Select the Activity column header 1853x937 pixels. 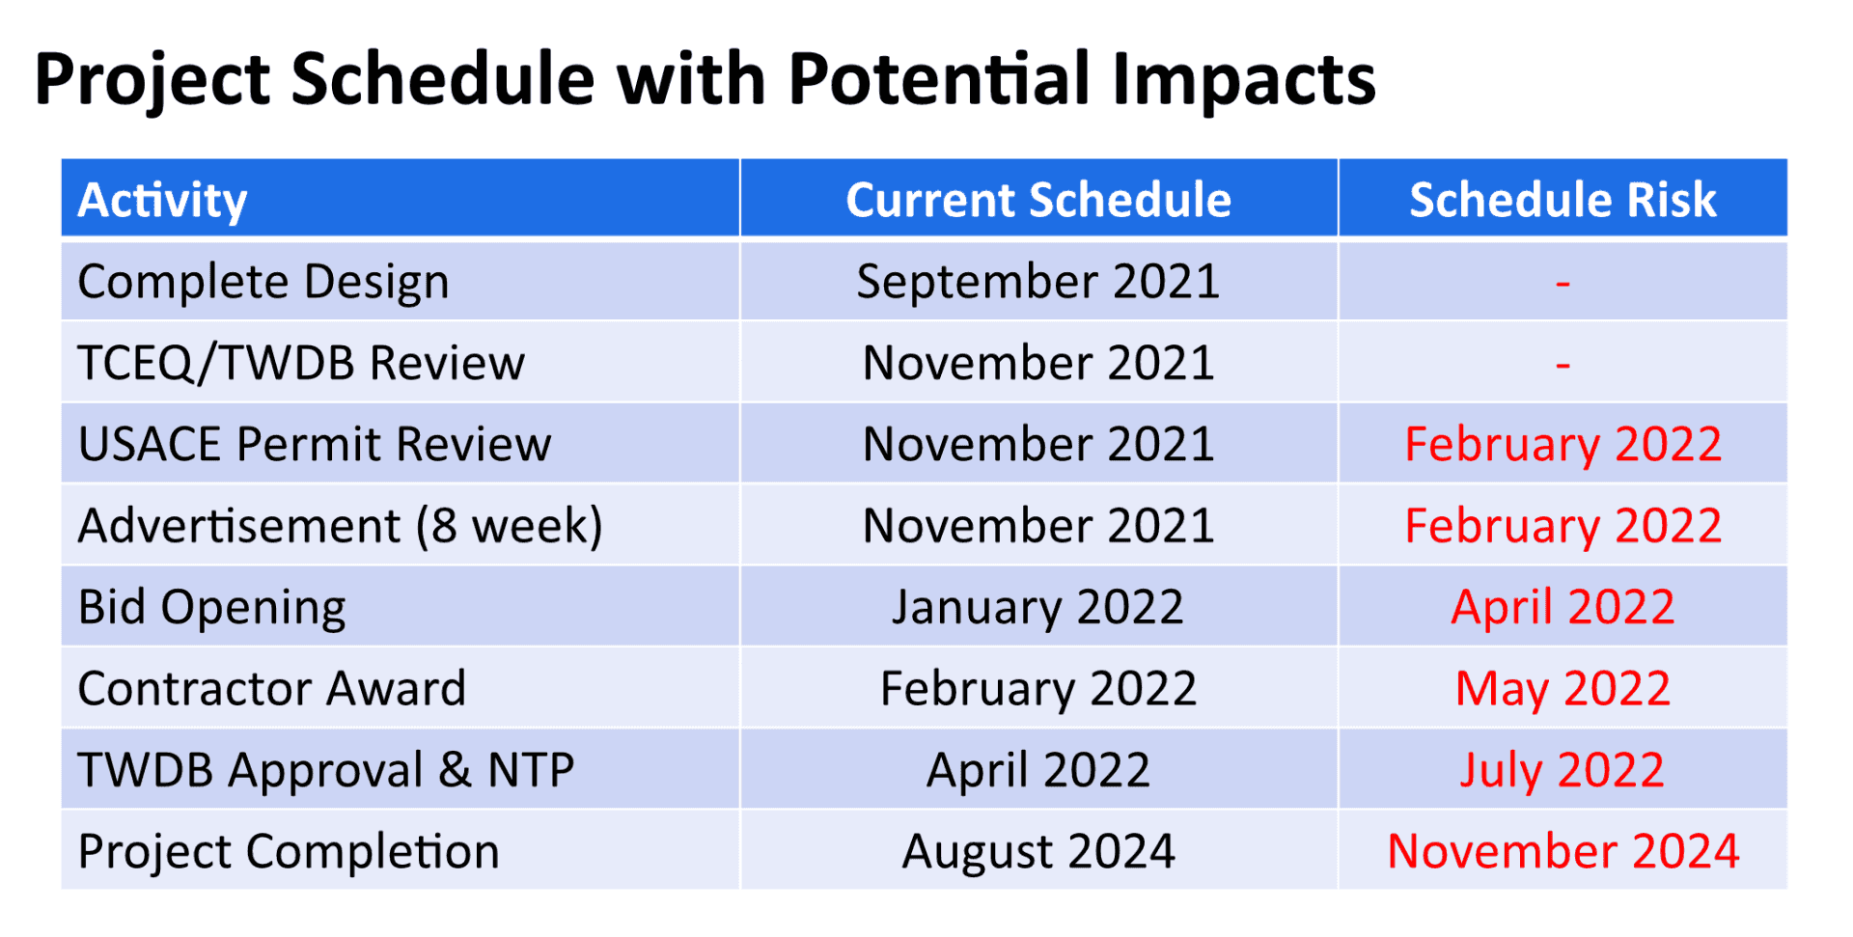162,201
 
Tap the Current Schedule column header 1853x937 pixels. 1038,201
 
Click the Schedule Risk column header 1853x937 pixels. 1563,201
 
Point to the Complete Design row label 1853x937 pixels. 263,283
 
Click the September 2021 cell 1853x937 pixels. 1038,283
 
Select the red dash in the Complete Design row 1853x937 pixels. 1563,284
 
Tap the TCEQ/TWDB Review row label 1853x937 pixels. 301,364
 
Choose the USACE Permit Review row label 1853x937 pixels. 315,445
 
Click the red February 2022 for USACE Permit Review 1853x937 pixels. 1563,445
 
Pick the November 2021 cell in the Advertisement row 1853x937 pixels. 1038,527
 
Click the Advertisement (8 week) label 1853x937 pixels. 340,527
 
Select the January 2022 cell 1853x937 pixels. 1038,608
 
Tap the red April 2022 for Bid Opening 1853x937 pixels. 1563,608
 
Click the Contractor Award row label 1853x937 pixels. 272,689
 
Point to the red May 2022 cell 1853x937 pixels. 1563,689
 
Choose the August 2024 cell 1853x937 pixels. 1038,852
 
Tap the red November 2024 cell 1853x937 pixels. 1563,852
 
